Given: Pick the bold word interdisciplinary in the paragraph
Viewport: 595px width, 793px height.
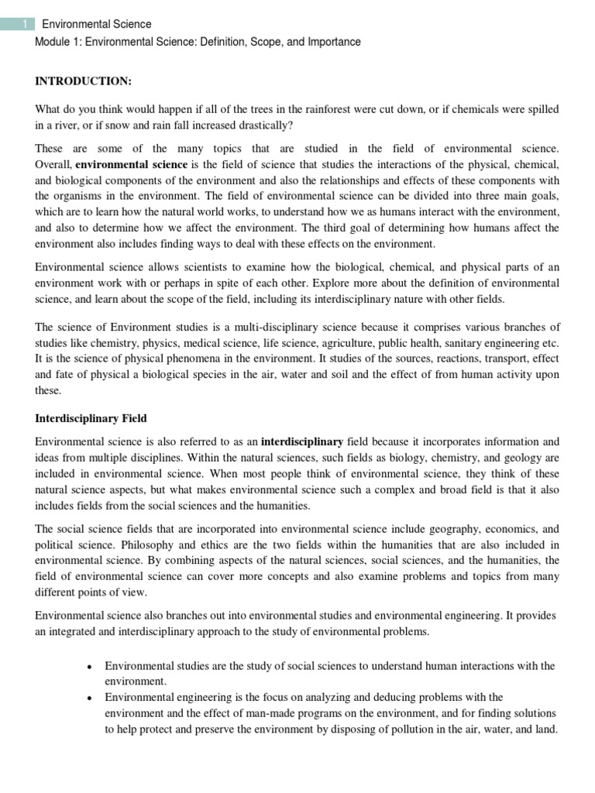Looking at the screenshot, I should pyautogui.click(x=302, y=441).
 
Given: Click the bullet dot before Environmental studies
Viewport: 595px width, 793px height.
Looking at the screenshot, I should pyautogui.click(x=91, y=667).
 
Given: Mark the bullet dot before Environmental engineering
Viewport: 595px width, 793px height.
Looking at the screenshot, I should pyautogui.click(x=91, y=698).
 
